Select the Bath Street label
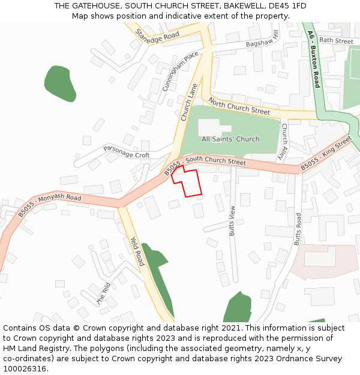[x=336, y=41]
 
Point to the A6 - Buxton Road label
[x=314, y=59]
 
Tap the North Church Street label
[x=239, y=107]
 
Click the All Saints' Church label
[x=230, y=139]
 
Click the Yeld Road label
[x=137, y=251]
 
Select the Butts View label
[x=233, y=220]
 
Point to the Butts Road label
[x=297, y=229]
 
